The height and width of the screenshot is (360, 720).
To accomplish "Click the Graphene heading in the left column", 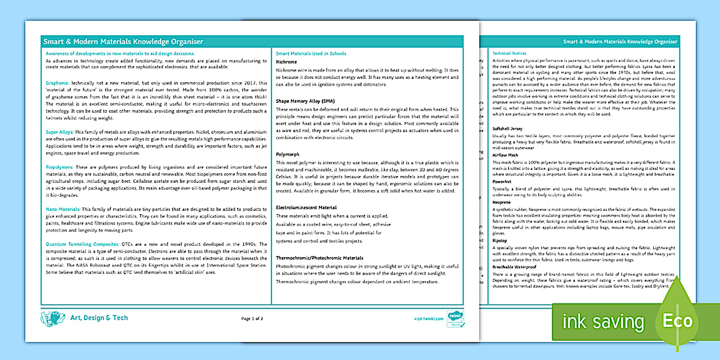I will click(57, 83).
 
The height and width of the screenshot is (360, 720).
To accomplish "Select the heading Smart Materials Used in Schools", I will click(311, 54).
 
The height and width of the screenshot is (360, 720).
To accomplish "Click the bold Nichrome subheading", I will click(286, 62).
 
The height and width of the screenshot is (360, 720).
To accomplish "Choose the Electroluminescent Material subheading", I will click(306, 207).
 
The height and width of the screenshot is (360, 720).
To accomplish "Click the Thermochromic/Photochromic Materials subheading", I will click(319, 258).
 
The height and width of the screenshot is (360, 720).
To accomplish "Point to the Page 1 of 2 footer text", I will click(253, 318).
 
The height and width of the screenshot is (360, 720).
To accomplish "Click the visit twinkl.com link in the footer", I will click(429, 318).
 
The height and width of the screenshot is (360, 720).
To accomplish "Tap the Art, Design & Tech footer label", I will click(99, 318).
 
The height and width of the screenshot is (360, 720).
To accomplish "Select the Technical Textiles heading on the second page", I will click(509, 53).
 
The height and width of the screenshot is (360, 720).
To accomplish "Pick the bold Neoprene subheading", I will click(502, 202).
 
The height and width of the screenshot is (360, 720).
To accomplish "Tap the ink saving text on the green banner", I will click(603, 322).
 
